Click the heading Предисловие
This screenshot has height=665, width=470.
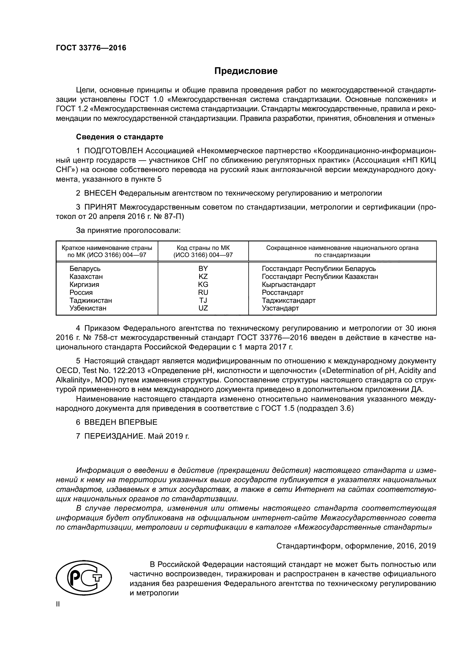(x=246, y=71)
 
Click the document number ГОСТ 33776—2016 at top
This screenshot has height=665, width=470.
(x=91, y=48)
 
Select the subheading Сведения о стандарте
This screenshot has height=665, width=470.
(x=120, y=137)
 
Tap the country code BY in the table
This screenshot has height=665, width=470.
(x=203, y=268)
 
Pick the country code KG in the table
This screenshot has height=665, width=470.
(x=203, y=284)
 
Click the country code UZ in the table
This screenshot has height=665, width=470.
(x=203, y=308)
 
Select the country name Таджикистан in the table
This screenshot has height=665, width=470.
(x=91, y=300)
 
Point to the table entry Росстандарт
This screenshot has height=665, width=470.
(x=282, y=292)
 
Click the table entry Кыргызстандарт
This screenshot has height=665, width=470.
(x=288, y=284)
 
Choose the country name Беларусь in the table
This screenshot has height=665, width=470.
(x=85, y=268)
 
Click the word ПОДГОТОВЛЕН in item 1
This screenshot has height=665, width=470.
(x=113, y=151)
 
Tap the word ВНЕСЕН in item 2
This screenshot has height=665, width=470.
(x=100, y=193)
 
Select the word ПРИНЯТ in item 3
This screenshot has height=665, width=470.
(x=100, y=207)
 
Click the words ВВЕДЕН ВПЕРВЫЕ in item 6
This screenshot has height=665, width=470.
(x=121, y=422)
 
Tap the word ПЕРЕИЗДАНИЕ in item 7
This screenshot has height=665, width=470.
(x=114, y=436)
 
